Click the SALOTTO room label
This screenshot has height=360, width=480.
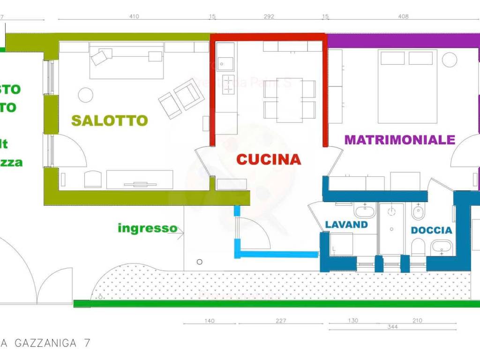point(109,120)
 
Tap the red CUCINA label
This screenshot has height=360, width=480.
point(269,159)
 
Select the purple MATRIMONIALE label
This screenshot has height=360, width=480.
point(400,140)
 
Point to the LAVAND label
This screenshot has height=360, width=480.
point(346,225)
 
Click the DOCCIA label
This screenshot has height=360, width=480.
point(431,230)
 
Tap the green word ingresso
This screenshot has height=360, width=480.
point(147,228)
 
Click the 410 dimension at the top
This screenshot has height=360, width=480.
point(134,16)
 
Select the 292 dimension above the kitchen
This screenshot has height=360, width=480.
point(269,16)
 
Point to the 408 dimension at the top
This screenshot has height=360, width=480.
point(403,16)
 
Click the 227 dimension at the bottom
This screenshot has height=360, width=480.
point(281,321)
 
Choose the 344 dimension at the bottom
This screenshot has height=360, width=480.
point(392,327)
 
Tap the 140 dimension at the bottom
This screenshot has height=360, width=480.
point(210,321)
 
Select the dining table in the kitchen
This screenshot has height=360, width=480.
point(289,100)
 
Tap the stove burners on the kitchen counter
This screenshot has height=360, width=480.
point(228,84)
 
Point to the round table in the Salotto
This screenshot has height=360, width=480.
point(85,95)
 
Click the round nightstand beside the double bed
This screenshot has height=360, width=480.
point(450,60)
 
